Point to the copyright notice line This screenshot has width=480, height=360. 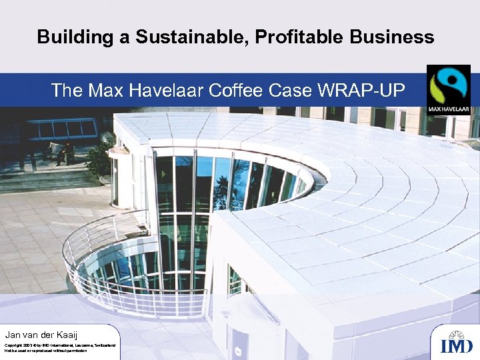tap(60, 345)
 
